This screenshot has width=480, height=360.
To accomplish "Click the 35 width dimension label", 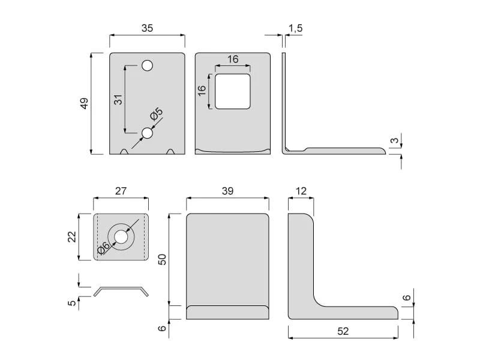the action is pyautogui.click(x=147, y=28).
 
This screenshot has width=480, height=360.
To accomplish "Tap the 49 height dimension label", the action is pyautogui.click(x=84, y=103).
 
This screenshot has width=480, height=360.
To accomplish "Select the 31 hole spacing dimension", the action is pyautogui.click(x=118, y=100).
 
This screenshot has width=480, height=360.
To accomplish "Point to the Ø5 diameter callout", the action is pyautogui.click(x=157, y=114).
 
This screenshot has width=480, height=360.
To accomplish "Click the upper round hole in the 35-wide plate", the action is pyautogui.click(x=147, y=65).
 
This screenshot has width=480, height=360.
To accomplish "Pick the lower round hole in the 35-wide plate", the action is pyautogui.click(x=147, y=133).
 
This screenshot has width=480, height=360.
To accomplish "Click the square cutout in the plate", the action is pyautogui.click(x=233, y=91).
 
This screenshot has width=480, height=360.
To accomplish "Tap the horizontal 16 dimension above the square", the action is pyautogui.click(x=233, y=59).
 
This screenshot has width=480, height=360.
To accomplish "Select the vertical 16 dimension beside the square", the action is pyautogui.click(x=202, y=91).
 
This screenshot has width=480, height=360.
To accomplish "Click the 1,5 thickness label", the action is pyautogui.click(x=295, y=28).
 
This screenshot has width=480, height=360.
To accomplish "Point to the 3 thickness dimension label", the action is pyautogui.click(x=395, y=140).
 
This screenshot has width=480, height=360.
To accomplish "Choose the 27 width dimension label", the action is pyautogui.click(x=121, y=191).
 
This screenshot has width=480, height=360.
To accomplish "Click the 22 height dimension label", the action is pyautogui.click(x=71, y=236).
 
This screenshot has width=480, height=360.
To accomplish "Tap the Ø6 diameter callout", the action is pyautogui.click(x=103, y=248).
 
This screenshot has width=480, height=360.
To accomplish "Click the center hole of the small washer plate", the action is pyautogui.click(x=121, y=237).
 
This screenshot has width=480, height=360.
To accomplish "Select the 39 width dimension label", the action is pyautogui.click(x=227, y=191).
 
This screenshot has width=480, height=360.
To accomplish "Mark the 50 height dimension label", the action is pyautogui.click(x=162, y=259).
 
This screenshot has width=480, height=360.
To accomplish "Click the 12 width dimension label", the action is pyautogui.click(x=301, y=191).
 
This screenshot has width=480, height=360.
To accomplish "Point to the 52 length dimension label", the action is pyautogui.click(x=343, y=331).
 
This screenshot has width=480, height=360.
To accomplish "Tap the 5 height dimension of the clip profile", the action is pyautogui.click(x=71, y=303).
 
